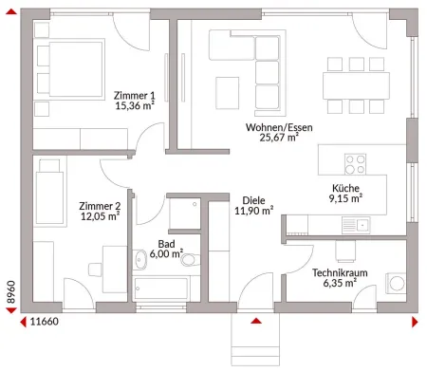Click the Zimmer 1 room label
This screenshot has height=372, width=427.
tap(135, 95)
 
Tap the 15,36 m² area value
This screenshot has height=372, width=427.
tap(135, 105)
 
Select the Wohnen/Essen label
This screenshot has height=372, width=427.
tap(279, 127)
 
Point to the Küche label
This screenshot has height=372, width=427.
tap(345, 188)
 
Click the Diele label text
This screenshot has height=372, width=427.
tap(253, 200)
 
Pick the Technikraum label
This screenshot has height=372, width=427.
tap(340, 272)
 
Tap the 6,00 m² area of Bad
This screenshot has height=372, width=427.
tap(166, 253)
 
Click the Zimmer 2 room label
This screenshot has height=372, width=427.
tap(100, 206)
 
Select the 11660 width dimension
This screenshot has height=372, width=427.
tap(45, 322)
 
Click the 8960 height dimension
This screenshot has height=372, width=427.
tap(11, 291)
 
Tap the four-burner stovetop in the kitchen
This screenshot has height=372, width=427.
tap(355, 164)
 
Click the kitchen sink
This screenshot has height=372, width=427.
tap(356, 225)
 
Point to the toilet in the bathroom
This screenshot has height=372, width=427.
tap(190, 260)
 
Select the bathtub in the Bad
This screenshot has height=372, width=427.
tap(161, 288)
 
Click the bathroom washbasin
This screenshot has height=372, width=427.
tap(139, 260)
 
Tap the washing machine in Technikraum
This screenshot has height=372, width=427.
tap(396, 283)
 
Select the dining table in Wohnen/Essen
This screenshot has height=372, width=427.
tap(356, 85)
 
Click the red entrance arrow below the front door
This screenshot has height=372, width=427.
tap(256, 321)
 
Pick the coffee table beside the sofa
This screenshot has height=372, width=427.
tap(228, 93)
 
